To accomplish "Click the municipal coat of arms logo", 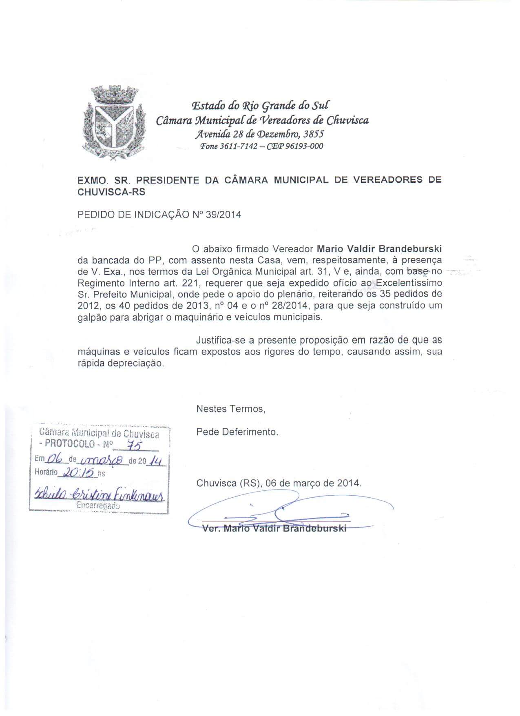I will coord(114,123).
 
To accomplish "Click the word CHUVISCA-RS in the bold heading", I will coord(111,192).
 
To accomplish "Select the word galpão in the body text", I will coord(92,317).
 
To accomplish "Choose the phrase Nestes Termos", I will coord(231,408).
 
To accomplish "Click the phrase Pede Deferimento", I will coord(237,432).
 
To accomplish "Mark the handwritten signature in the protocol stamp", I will coord(100,495).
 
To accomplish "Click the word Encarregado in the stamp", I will coord(98,505).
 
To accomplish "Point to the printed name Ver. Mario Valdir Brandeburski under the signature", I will coord(274,528).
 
